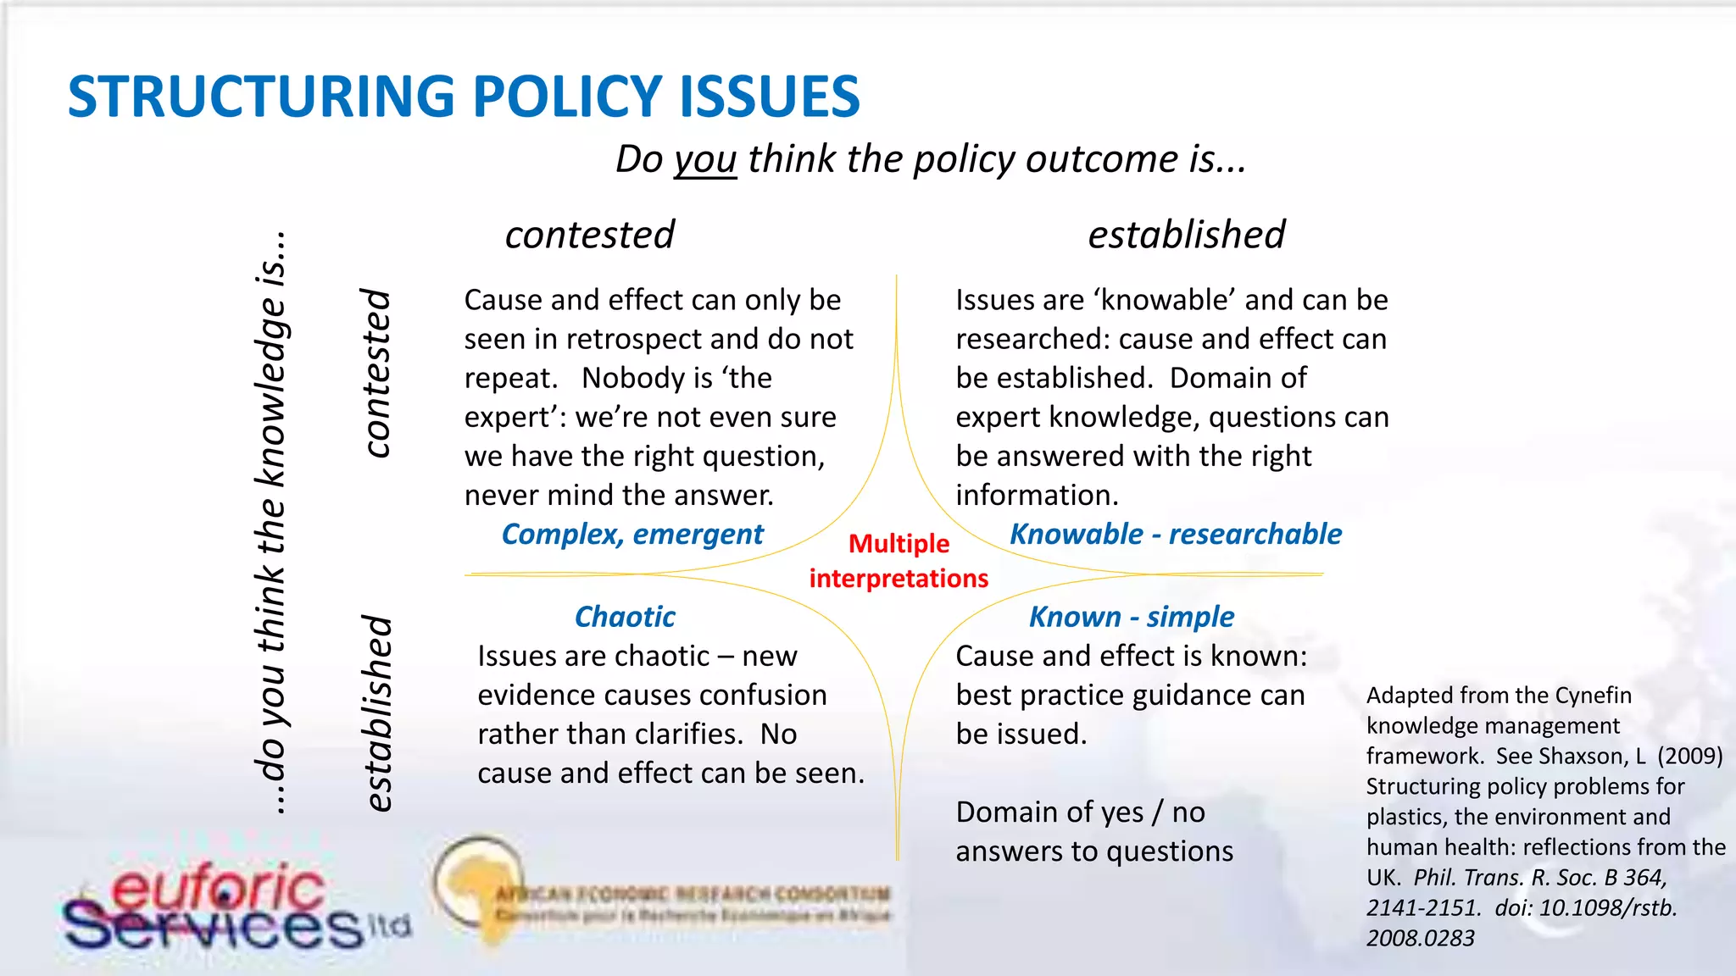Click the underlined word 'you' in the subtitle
705,160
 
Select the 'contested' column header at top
590,235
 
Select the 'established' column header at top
1186,235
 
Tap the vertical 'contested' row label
376,373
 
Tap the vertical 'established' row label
376,713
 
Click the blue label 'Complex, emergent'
632,535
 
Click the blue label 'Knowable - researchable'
1176,535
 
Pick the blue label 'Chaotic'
625,617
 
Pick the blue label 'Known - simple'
1131,617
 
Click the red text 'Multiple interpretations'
899,561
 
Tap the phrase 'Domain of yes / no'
1080,812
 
